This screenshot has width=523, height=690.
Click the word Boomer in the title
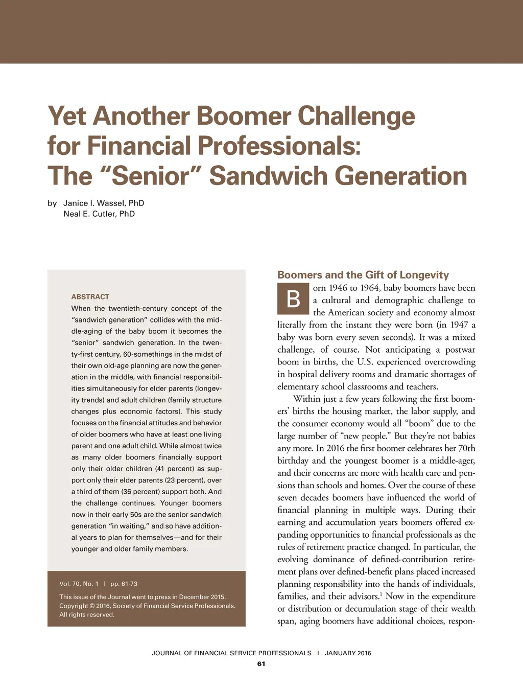point(243,116)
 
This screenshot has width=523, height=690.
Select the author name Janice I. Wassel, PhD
point(104,203)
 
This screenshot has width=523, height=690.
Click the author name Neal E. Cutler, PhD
point(99,214)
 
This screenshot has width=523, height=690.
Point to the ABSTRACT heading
point(90,296)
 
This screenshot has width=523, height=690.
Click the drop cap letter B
point(293,299)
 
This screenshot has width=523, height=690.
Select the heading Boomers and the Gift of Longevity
point(363,275)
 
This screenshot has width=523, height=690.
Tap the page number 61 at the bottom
point(261,664)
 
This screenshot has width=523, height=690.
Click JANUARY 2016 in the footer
point(348,653)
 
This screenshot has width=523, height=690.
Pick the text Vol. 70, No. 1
point(79,584)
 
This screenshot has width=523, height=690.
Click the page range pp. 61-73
point(124,584)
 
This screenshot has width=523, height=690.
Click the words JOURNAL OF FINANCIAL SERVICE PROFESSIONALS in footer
point(231,653)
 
